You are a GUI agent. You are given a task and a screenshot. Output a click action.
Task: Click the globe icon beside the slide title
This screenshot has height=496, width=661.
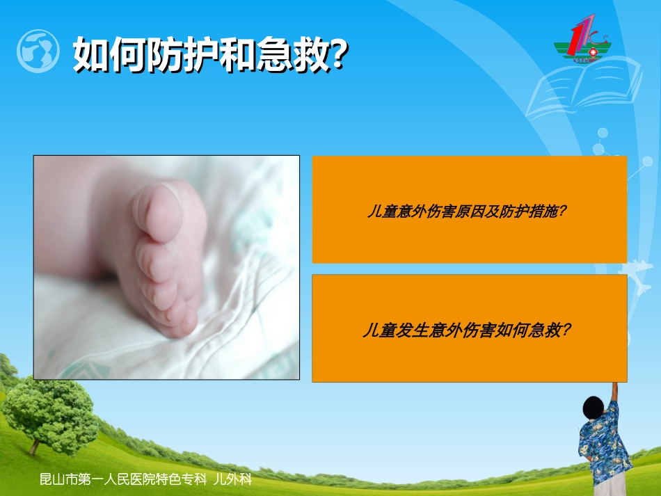pos(38,51)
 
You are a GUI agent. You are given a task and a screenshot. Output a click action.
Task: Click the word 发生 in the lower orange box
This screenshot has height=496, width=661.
pos(412,330)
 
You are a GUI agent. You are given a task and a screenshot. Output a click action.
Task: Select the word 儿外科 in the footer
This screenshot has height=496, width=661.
pos(233,479)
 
